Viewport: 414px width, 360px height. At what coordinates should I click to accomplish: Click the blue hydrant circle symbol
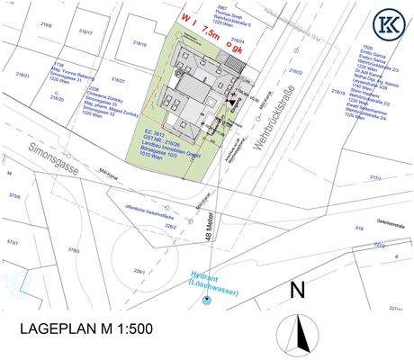[x=207, y=300]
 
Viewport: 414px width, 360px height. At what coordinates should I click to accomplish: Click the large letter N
[x=296, y=289]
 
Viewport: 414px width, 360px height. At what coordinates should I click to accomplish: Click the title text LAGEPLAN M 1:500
[x=87, y=329]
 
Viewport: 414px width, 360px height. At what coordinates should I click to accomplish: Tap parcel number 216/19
[x=139, y=43]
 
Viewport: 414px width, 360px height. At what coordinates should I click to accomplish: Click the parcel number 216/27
[x=117, y=80]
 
